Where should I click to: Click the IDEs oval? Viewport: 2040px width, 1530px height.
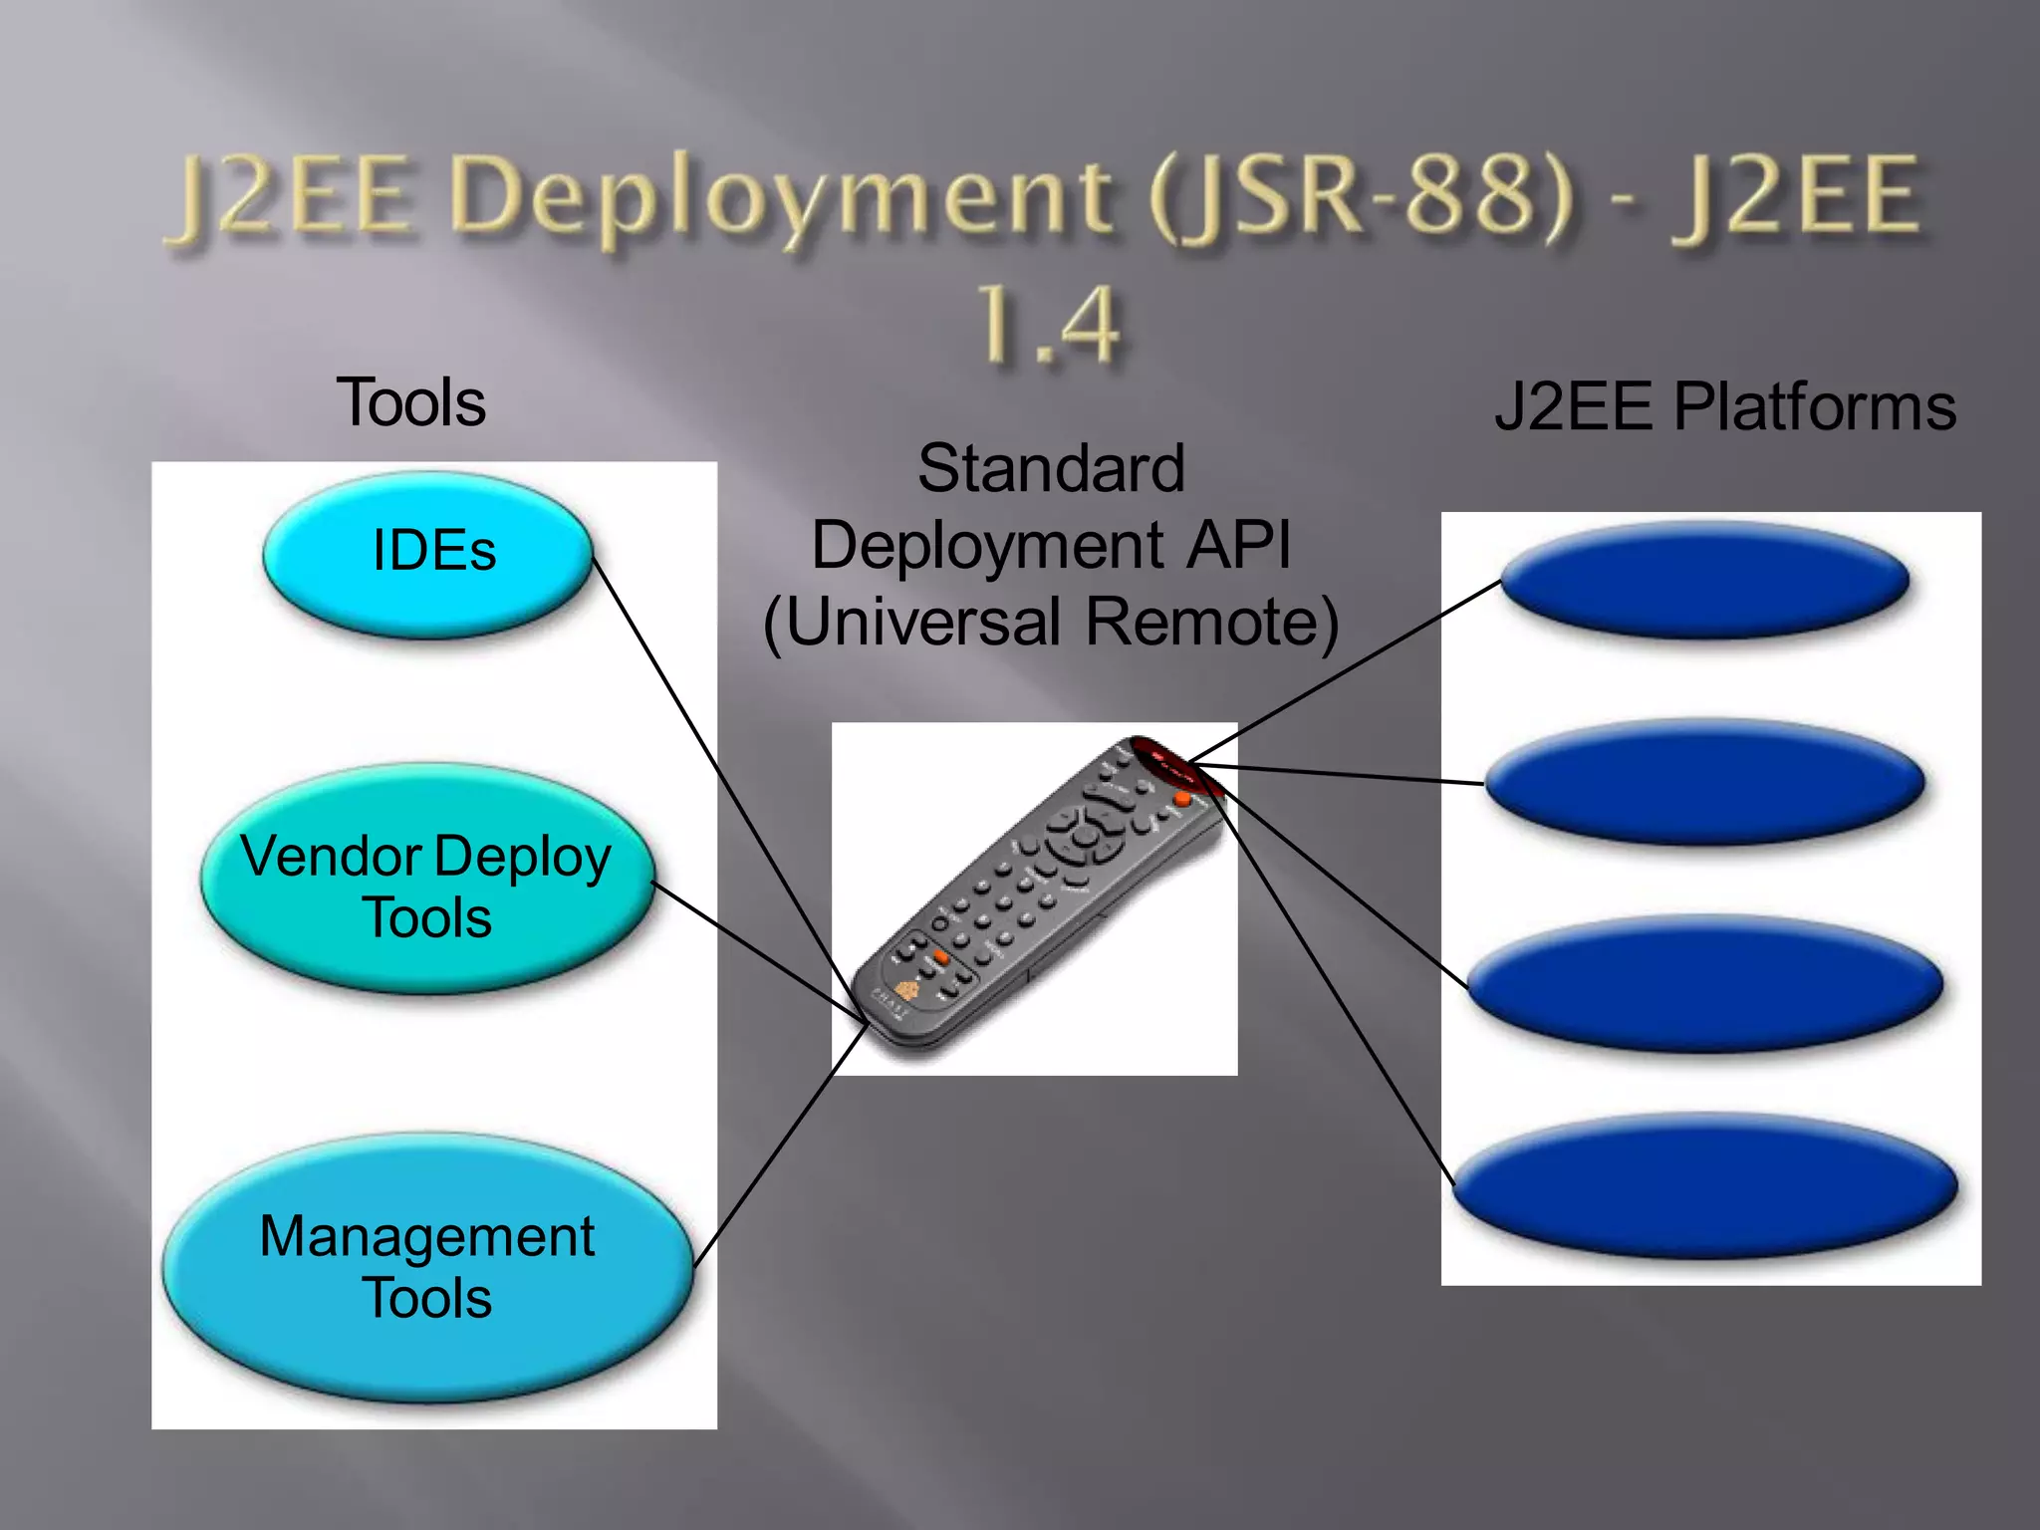pos(428,554)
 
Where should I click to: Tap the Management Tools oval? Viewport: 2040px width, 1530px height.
pos(427,1267)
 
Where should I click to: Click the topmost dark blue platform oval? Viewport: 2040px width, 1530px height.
pos(1704,580)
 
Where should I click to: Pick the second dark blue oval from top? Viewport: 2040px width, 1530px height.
pos(1704,782)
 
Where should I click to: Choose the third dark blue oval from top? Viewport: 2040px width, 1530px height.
pos(1704,984)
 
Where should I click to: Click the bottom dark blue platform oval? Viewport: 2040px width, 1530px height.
pos(1704,1185)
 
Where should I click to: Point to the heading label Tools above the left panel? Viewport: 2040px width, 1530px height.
pos(411,402)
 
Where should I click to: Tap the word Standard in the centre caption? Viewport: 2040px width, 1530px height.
pos(1051,468)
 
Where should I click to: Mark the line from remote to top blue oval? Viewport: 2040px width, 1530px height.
pos(1345,672)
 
